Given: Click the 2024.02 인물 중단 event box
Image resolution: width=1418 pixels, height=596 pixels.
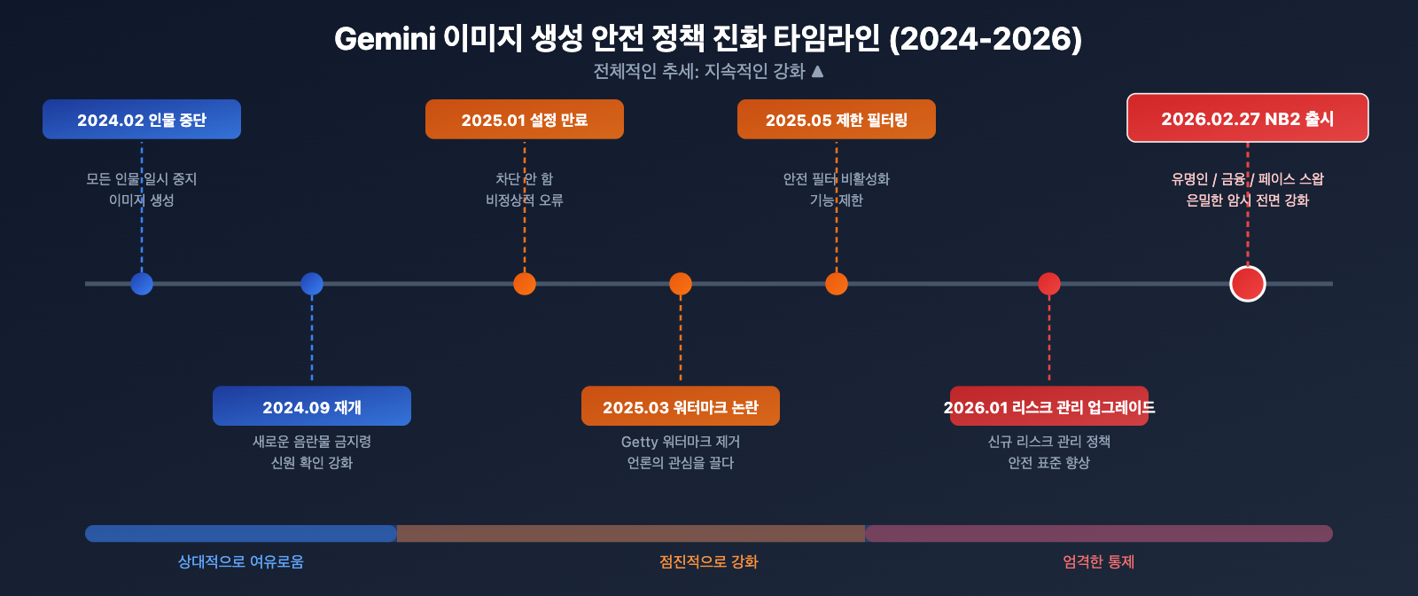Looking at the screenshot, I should tap(142, 120).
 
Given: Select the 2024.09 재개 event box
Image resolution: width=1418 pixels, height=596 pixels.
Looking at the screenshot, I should tap(312, 406).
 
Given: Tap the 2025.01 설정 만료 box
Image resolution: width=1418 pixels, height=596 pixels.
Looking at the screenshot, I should tap(525, 120).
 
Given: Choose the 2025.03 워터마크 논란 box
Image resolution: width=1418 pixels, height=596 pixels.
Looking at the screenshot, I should tap(681, 406).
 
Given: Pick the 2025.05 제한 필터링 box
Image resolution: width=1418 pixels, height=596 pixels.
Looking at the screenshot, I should tap(837, 120).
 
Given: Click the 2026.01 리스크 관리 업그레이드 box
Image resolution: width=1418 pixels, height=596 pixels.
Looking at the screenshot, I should tap(1049, 406).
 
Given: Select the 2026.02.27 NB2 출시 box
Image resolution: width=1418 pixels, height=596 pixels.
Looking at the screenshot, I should tap(1248, 118).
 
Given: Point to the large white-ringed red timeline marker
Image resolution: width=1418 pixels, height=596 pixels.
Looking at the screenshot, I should tap(1248, 284).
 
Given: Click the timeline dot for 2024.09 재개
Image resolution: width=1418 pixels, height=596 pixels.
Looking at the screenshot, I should tap(312, 284).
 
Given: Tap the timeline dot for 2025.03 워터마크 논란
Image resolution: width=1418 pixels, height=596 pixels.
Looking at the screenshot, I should tap(681, 284).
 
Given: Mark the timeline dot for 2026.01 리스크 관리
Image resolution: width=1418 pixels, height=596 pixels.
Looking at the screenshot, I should tap(1049, 284).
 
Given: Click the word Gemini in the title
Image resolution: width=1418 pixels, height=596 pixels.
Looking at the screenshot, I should tap(385, 39).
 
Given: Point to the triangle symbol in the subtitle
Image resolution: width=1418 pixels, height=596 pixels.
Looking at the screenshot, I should tap(817, 71).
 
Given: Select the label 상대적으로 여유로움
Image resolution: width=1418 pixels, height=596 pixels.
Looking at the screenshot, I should tap(241, 561).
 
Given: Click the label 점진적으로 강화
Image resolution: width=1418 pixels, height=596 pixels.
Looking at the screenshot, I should tap(709, 561).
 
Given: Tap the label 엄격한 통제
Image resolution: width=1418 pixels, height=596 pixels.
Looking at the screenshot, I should tap(1099, 561).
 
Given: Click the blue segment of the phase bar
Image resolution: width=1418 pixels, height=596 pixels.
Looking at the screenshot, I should tap(241, 533).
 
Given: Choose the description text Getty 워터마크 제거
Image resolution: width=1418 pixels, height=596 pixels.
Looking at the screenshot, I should tap(681, 442).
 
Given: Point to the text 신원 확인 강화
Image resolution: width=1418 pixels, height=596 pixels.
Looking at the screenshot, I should tap(312, 463).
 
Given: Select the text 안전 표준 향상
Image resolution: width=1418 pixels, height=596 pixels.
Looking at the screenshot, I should tap(1049, 463).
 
